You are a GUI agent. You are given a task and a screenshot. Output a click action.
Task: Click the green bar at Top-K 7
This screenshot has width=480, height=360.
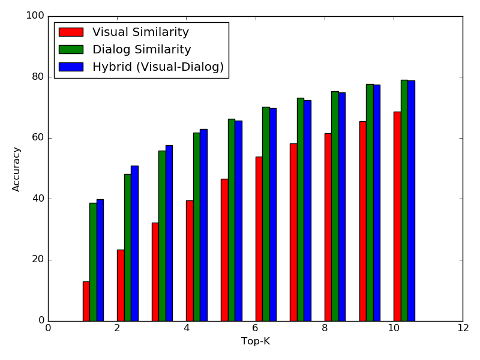pyautogui.click(x=300, y=209)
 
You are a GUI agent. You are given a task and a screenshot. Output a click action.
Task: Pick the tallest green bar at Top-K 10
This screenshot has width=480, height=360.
pyautogui.click(x=404, y=200)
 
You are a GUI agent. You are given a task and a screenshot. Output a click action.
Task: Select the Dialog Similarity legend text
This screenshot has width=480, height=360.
pyautogui.click(x=142, y=50)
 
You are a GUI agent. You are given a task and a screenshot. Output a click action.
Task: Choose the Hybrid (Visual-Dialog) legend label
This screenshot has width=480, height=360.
pyautogui.click(x=158, y=67)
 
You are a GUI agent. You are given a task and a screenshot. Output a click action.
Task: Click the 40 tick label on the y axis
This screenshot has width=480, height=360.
pyautogui.click(x=37, y=199)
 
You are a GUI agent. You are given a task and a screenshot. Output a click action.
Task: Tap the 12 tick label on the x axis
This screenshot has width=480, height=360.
pyautogui.click(x=463, y=328)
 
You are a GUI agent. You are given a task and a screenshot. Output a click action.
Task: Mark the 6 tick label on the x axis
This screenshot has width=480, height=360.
pyautogui.click(x=256, y=328)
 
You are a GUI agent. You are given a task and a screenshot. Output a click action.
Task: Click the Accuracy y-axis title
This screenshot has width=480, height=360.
pyautogui.click(x=17, y=169)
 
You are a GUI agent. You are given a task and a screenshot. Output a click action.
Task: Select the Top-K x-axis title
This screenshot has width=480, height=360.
pyautogui.click(x=256, y=341)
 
